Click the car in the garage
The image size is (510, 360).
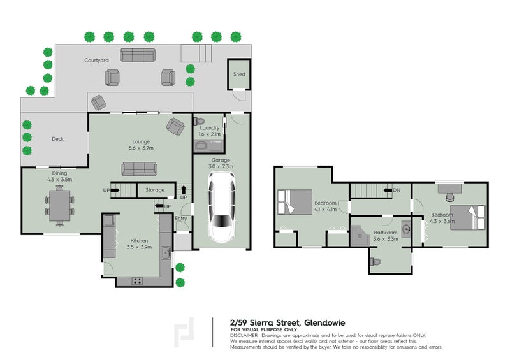point(222,207)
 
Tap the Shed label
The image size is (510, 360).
point(239,74)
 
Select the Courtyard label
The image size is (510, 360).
point(97,60)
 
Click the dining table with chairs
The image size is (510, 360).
point(59,206)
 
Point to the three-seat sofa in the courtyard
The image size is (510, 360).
point(138,55)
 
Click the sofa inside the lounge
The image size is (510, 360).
point(139,169)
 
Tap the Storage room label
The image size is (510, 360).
point(155,190)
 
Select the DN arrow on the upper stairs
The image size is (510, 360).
point(388,191)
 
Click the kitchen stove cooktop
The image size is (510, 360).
point(137,280)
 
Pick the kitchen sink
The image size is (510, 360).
point(166,253)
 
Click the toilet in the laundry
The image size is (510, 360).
point(199,121)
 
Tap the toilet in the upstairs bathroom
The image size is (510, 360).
point(375,261)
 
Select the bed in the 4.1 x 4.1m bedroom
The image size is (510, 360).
point(295,202)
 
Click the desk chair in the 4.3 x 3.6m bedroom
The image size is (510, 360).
point(450,197)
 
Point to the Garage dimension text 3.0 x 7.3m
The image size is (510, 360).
point(221,166)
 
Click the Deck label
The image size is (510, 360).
point(57,139)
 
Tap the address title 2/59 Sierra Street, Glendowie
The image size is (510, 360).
point(288,323)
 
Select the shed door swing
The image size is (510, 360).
point(240,95)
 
